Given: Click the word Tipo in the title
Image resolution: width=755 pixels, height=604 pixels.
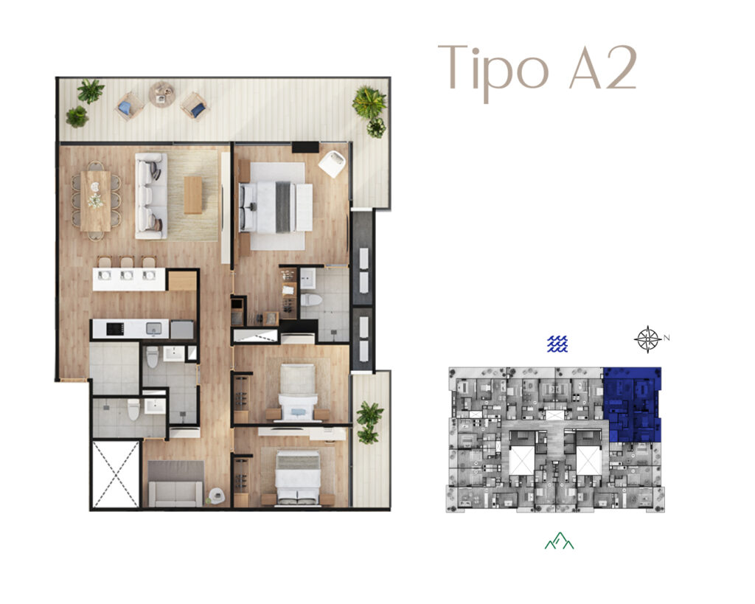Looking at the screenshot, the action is click(x=493, y=72).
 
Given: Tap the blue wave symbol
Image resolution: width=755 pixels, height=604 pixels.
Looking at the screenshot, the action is click(x=557, y=344).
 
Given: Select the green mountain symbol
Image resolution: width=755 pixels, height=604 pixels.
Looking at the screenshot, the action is click(x=559, y=541).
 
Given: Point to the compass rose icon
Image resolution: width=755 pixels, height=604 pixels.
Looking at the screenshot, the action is click(x=647, y=339).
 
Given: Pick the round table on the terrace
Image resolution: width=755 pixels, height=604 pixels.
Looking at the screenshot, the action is click(x=162, y=94).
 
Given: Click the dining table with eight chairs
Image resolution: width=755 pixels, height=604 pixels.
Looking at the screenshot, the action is click(x=95, y=201).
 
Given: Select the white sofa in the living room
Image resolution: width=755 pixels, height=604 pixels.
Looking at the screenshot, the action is click(x=151, y=195).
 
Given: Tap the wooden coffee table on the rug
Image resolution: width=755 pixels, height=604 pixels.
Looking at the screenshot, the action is click(x=193, y=195).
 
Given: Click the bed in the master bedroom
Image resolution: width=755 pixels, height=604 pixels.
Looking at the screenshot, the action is click(x=276, y=207).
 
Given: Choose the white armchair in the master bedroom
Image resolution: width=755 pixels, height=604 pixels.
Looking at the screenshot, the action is click(x=332, y=163).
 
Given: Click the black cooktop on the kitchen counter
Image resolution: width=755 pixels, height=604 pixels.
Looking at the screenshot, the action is click(x=115, y=329).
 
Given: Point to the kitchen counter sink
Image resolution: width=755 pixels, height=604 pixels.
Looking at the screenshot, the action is click(x=154, y=328).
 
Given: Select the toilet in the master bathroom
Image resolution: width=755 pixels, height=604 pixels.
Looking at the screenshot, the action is click(x=311, y=299).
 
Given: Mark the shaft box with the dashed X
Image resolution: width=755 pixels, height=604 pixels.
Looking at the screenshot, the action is click(x=116, y=474).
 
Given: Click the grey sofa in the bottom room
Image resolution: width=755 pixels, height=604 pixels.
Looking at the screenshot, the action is click(x=175, y=484).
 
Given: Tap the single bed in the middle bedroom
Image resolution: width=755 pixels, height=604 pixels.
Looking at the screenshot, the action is click(x=299, y=393).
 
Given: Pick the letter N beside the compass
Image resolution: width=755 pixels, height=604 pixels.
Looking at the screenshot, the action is click(x=667, y=338).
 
